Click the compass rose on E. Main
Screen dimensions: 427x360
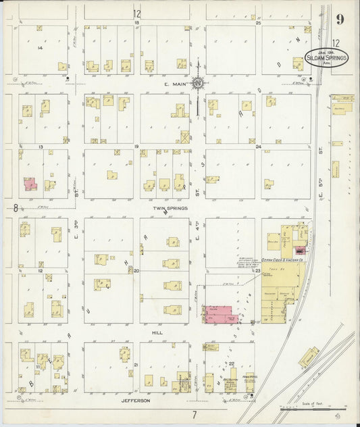[x=198, y=84]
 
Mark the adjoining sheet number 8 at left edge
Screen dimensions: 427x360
[x=15, y=209]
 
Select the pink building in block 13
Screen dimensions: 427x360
[x=30, y=183]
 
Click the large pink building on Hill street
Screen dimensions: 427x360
[x=222, y=313]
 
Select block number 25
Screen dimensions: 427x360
[x=258, y=23]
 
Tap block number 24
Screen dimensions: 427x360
[x=258, y=146]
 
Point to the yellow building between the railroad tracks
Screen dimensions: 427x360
[x=309, y=357]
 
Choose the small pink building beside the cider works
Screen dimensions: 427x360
[x=299, y=251]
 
